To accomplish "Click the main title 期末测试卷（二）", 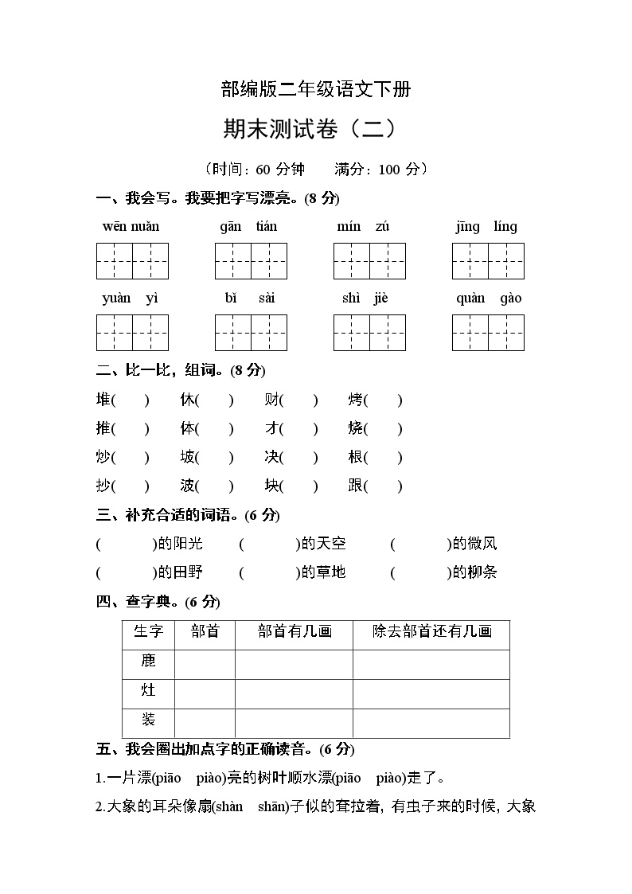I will pos(315,129).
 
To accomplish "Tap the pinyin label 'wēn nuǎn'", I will pos(131,227).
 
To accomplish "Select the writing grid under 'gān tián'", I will pos(251,261).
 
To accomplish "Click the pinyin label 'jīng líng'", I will pos(486,227).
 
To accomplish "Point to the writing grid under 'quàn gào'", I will pos(488,333).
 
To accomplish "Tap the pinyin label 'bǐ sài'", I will pos(250,299).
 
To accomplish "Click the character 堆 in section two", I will pos(103,400).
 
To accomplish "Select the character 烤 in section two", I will pos(356,400).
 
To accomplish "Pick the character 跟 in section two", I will pos(356,486).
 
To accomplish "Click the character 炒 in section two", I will pos(103,458).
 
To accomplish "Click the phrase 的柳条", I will pos(474,572).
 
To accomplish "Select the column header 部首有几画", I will pos(295,632).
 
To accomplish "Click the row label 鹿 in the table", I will pos(148,662).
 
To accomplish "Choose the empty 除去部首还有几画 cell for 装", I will pos(431,722).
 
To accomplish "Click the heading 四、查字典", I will pos(158,602).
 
